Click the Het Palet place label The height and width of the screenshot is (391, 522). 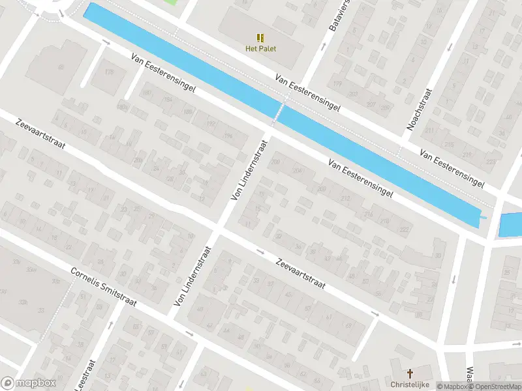pyautogui.click(x=260, y=48)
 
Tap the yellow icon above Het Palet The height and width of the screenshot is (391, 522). pyautogui.click(x=260, y=37)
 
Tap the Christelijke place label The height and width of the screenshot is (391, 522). pyautogui.click(x=410, y=384)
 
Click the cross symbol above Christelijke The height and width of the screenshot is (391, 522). pyautogui.click(x=410, y=373)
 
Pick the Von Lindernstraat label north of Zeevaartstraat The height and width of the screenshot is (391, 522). pyautogui.click(x=249, y=168)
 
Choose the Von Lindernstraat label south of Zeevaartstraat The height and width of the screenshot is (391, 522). pyautogui.click(x=193, y=277)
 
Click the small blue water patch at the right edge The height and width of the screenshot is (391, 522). pyautogui.click(x=511, y=225)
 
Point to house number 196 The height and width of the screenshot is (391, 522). pyautogui.click(x=228, y=135)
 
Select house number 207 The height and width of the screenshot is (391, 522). pyautogui.click(x=371, y=105)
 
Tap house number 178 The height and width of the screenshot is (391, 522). pyautogui.click(x=109, y=71)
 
